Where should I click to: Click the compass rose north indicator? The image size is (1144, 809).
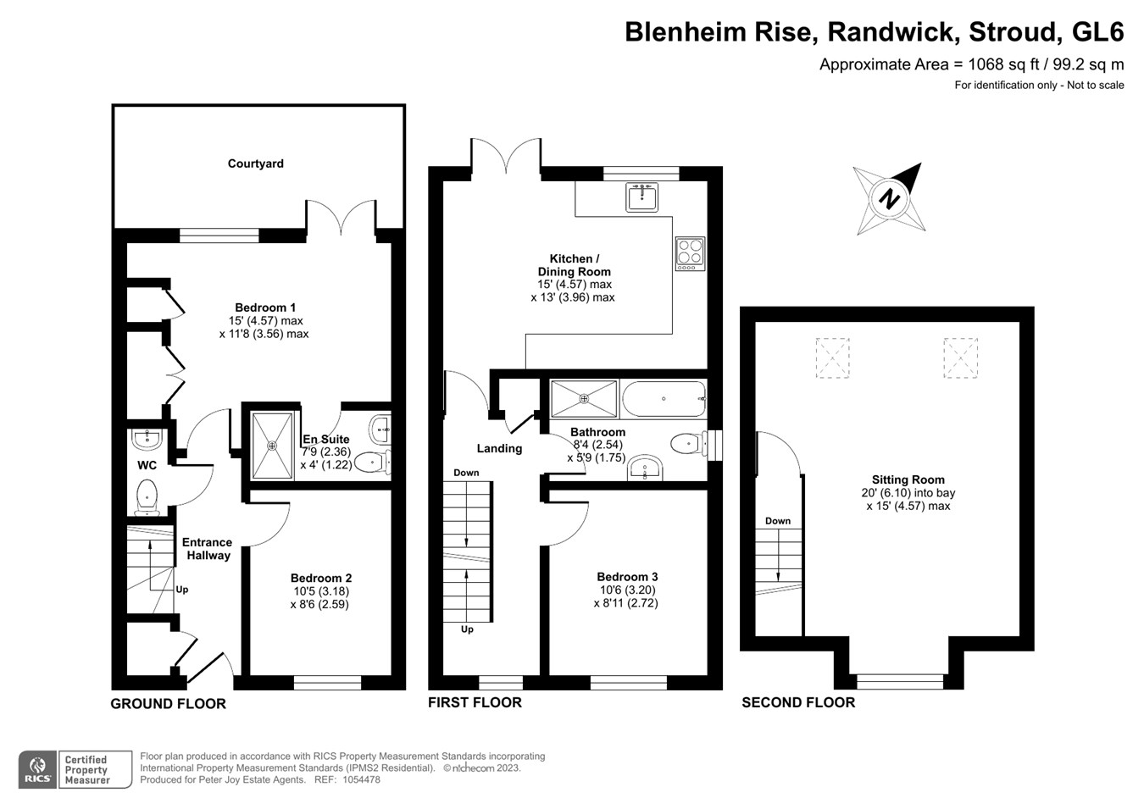(889, 200)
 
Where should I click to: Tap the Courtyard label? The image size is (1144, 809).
(255, 163)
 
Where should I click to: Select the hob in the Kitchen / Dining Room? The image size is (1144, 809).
(690, 253)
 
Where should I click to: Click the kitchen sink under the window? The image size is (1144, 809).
(641, 197)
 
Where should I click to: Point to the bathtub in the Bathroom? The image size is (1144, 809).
(663, 399)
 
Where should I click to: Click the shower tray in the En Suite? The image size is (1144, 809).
(272, 446)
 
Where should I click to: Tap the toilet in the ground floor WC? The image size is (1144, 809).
(147, 496)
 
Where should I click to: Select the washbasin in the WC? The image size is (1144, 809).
(147, 438)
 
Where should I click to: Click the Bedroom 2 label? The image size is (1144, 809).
(320, 578)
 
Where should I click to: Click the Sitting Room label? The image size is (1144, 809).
(908, 479)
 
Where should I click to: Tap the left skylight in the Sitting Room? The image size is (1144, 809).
(832, 357)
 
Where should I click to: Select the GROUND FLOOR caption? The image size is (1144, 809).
(168, 703)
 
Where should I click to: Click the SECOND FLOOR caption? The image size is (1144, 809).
(797, 702)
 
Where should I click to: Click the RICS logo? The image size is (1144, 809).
(37, 770)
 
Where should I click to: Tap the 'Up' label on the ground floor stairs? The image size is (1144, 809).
(181, 589)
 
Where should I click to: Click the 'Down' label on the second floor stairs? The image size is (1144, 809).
(777, 521)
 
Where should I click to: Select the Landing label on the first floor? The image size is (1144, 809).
(499, 448)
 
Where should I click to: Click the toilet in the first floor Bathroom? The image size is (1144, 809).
(688, 443)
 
